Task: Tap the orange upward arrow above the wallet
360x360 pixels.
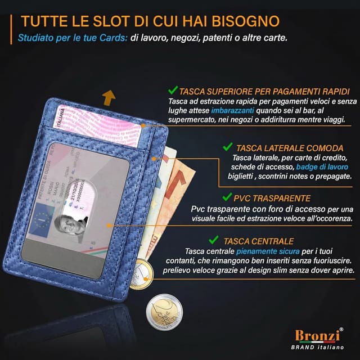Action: coord(107,100)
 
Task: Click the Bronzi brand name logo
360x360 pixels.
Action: coord(318,335)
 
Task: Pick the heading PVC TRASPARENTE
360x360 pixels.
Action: coord(274,198)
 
